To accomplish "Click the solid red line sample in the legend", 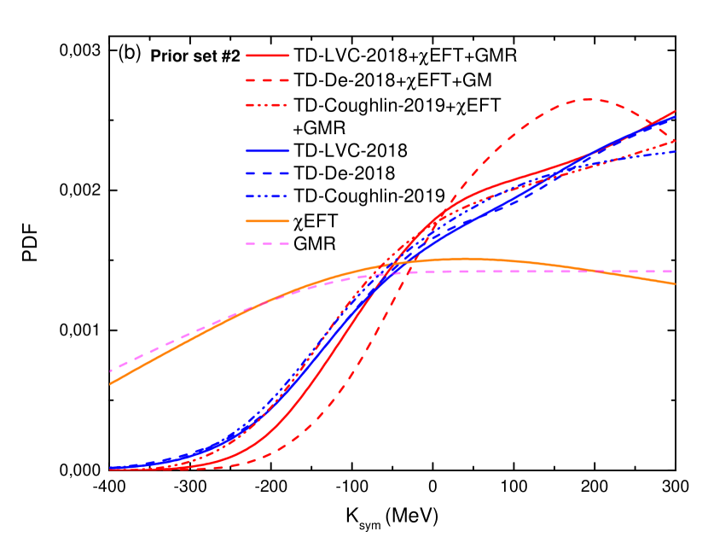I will click(x=267, y=55).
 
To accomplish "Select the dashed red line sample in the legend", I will click(x=267, y=80).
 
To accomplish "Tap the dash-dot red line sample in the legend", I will click(x=267, y=105).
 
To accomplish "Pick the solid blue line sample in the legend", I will click(x=267, y=151).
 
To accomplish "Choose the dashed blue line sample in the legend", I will click(x=267, y=173).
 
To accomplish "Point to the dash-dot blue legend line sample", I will click(x=267, y=196).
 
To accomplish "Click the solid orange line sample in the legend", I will click(x=267, y=221).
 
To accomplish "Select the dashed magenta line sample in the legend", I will click(x=267, y=243).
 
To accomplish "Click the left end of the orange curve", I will click(x=110, y=384).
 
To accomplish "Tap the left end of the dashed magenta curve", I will click(x=110, y=371).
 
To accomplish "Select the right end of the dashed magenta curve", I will click(x=676, y=271).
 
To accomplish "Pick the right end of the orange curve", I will click(x=676, y=283).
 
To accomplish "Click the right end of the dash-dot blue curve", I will click(x=676, y=151).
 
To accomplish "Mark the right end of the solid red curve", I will click(x=676, y=111).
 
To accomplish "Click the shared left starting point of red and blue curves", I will click(x=110, y=469).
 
